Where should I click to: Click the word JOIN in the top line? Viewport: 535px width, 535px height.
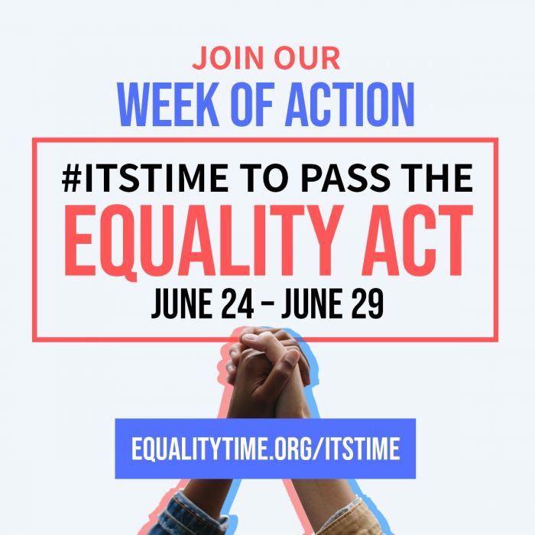[x=228, y=58]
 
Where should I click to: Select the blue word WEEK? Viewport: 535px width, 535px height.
[x=168, y=105]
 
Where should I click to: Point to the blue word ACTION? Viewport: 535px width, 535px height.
[x=349, y=105]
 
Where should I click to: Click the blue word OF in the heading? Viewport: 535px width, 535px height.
[x=251, y=105]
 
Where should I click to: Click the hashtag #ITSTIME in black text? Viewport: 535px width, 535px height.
[x=144, y=178]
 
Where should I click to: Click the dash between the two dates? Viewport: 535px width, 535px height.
[x=268, y=303]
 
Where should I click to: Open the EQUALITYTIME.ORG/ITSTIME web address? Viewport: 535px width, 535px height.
[x=265, y=449]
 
